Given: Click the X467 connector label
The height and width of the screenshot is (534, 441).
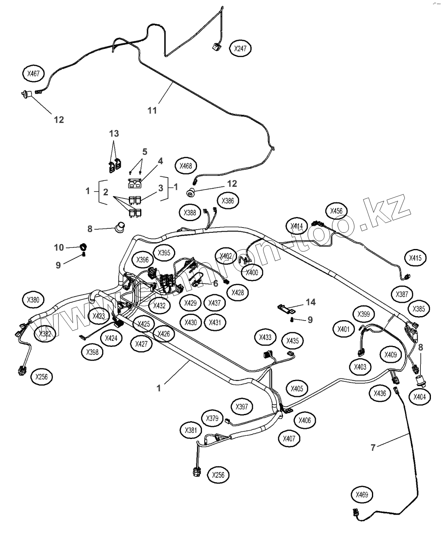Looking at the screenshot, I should [34, 74].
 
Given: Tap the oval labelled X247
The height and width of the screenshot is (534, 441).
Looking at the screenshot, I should [240, 49].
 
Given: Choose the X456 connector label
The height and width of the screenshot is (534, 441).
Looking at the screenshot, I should [336, 211].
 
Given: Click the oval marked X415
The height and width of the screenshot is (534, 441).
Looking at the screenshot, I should [415, 258].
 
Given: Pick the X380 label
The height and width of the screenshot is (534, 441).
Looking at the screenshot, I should [34, 300].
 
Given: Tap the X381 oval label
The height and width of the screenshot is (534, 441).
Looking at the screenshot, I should [191, 430].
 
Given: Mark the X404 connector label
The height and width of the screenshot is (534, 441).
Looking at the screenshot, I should [420, 397].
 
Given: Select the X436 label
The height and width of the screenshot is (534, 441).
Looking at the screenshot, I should [380, 393].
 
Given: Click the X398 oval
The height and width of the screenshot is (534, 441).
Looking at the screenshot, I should [92, 352].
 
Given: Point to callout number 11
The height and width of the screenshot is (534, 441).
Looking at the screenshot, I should [152, 110].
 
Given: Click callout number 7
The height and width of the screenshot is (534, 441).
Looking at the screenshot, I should [373, 447].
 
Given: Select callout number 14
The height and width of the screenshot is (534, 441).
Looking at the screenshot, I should [311, 302].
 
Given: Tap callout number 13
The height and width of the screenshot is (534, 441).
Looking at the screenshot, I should [114, 133].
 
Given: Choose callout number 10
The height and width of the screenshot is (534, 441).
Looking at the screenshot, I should [59, 247].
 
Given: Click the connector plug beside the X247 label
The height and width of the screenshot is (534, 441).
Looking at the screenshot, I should [217, 46].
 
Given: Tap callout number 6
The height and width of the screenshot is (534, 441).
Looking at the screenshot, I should [215, 283].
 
